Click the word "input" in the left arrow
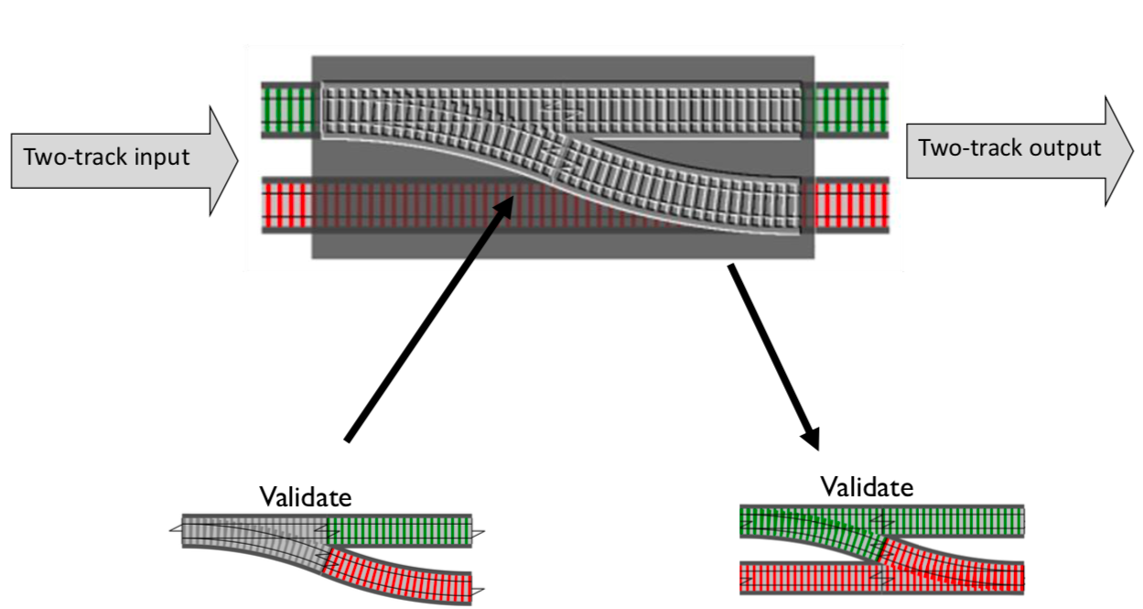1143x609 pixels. click(163, 157)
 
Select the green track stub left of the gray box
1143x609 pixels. click(287, 110)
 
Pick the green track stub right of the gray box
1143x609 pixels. click(851, 110)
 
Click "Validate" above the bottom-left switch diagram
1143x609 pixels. click(305, 497)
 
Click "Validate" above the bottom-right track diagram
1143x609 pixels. click(866, 486)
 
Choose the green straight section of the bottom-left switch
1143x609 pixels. click(399, 530)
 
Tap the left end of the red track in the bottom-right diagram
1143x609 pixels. click(747, 577)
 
